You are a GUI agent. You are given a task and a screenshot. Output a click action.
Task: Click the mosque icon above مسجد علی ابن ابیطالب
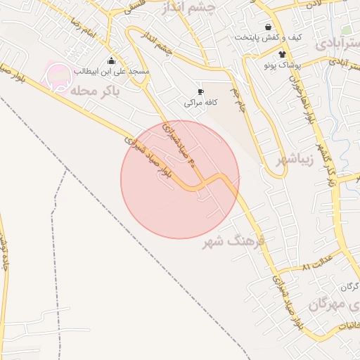(111, 61)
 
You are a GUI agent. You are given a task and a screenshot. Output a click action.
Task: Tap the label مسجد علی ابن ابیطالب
(112, 72)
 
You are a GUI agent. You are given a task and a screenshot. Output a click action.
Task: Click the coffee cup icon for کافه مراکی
(200, 91)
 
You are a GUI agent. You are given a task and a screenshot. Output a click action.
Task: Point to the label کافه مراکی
(200, 103)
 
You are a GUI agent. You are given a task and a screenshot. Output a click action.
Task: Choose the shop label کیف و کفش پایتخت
(269, 37)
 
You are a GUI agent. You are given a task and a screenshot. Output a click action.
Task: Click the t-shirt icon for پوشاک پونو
(283, 53)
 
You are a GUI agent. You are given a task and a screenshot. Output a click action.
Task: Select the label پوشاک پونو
(283, 65)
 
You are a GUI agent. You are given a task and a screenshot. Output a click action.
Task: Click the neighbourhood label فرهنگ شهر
(233, 242)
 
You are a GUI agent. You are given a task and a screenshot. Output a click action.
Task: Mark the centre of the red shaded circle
(180, 179)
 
